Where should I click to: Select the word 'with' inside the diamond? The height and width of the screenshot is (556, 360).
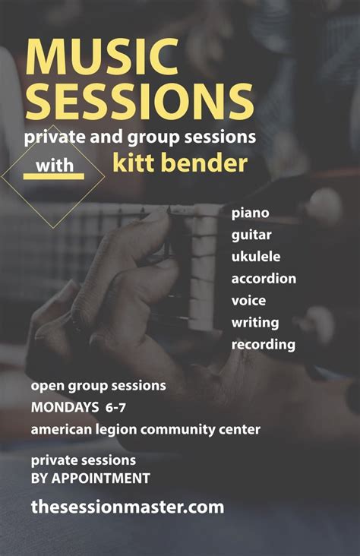(x=53, y=163)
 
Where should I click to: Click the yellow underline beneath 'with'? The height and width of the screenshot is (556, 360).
(x=53, y=176)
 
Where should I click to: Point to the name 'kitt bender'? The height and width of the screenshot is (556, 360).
(x=180, y=163)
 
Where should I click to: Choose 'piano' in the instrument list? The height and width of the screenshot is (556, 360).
(x=251, y=213)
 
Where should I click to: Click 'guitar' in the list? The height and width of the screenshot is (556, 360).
(x=252, y=235)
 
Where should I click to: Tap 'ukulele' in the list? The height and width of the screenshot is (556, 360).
(x=256, y=257)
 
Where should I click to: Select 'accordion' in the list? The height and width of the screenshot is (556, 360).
(x=264, y=279)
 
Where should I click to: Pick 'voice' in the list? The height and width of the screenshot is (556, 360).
(x=248, y=301)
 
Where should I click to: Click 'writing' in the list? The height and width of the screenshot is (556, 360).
(x=254, y=323)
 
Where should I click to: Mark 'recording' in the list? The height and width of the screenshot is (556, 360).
(x=263, y=345)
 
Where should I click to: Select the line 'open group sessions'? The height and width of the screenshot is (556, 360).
(x=98, y=386)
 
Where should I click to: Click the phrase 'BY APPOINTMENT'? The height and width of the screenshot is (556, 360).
(x=90, y=479)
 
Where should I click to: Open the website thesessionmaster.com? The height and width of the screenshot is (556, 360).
(x=128, y=507)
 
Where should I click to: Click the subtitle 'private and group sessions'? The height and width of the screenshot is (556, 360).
(x=140, y=138)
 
